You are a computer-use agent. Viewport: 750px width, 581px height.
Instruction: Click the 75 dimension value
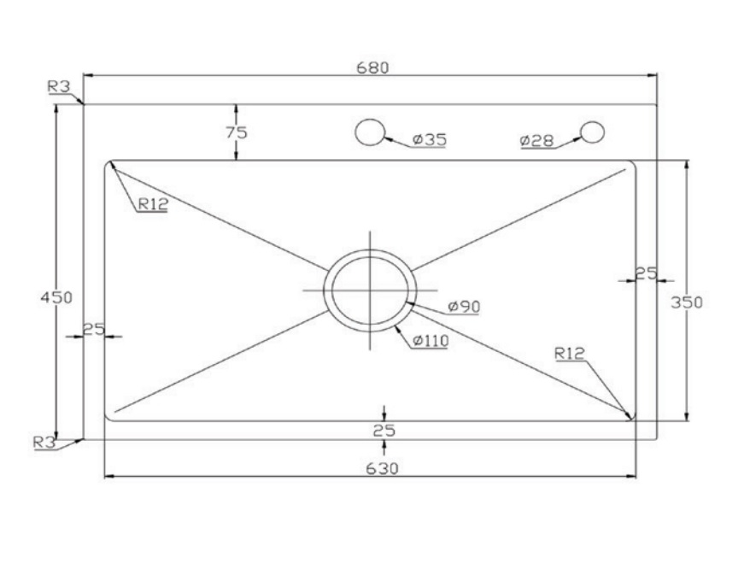236,132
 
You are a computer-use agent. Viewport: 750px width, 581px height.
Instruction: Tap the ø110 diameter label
431,340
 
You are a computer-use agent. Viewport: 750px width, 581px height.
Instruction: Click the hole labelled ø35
369,132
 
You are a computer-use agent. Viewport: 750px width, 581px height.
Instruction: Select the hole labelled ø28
592,132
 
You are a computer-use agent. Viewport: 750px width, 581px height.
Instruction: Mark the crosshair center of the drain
370,290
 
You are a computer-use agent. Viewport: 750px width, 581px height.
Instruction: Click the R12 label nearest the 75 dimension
151,203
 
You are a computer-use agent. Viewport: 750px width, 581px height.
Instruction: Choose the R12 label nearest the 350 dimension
569,352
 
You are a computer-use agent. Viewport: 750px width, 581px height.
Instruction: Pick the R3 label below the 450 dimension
44,442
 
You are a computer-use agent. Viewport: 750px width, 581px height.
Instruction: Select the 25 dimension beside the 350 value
646,273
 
